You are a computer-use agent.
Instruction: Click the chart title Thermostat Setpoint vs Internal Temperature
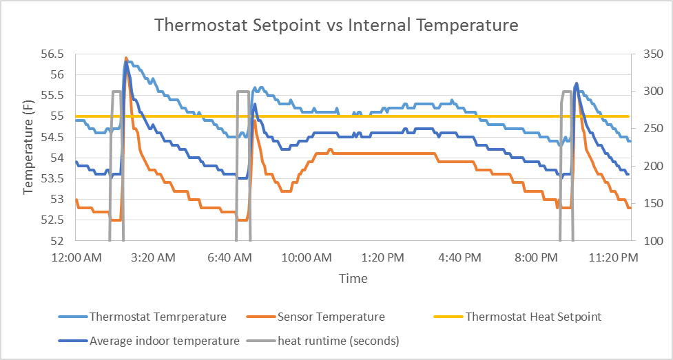click(336, 25)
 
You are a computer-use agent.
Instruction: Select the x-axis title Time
click(353, 279)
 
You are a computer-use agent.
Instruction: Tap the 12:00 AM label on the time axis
click(76, 257)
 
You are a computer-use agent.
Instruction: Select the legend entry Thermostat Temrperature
click(158, 317)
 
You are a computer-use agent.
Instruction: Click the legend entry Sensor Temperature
click(331, 317)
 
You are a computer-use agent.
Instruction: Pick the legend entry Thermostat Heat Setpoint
click(533, 317)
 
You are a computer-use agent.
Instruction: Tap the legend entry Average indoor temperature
click(164, 340)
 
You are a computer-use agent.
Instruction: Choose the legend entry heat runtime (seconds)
click(338, 340)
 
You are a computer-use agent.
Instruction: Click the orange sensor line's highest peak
click(126, 58)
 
